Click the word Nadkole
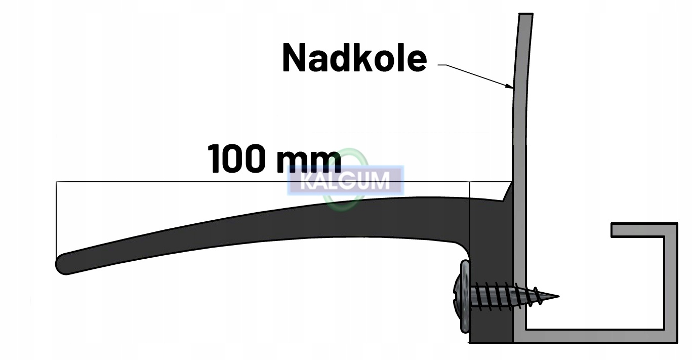pos(354,58)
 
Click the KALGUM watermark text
pos(345,181)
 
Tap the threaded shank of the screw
pos(506,297)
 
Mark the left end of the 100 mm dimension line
pos(57,182)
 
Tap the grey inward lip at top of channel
pos(638,230)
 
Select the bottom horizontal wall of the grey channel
pos(597,336)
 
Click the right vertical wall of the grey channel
pos(671,284)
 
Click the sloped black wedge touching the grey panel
pos(508,193)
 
